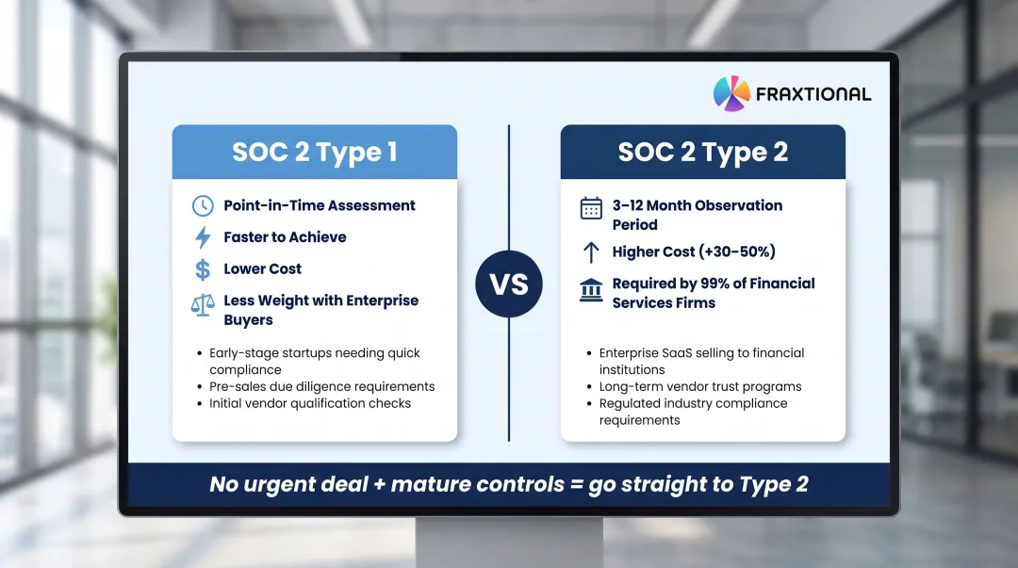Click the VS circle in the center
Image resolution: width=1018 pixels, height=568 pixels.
click(x=509, y=284)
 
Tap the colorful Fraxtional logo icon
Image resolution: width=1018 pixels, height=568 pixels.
click(x=731, y=93)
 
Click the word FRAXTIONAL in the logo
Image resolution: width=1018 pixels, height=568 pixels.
click(x=813, y=94)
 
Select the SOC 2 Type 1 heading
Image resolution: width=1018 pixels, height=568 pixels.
click(x=314, y=153)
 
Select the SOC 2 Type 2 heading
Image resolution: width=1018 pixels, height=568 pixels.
click(x=702, y=153)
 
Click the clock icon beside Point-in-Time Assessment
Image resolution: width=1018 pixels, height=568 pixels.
click(x=203, y=206)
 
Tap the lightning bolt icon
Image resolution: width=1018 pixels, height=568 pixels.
click(x=203, y=237)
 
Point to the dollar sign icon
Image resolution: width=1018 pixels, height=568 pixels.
click(x=203, y=269)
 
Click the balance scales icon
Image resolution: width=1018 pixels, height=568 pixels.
click(x=203, y=304)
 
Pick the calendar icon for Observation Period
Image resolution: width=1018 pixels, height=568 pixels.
click(x=591, y=208)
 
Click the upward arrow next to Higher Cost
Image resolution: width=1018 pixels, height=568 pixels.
click(x=591, y=252)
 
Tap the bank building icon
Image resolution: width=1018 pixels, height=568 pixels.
click(x=591, y=288)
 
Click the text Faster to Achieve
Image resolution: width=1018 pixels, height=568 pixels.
click(x=285, y=237)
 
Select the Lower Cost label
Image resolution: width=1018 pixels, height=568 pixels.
click(x=262, y=269)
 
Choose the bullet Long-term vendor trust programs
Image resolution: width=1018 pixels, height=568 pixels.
click(x=700, y=386)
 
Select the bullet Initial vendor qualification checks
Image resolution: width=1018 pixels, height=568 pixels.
click(x=310, y=403)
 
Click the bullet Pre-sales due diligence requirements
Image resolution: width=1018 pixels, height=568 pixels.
click(x=321, y=386)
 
